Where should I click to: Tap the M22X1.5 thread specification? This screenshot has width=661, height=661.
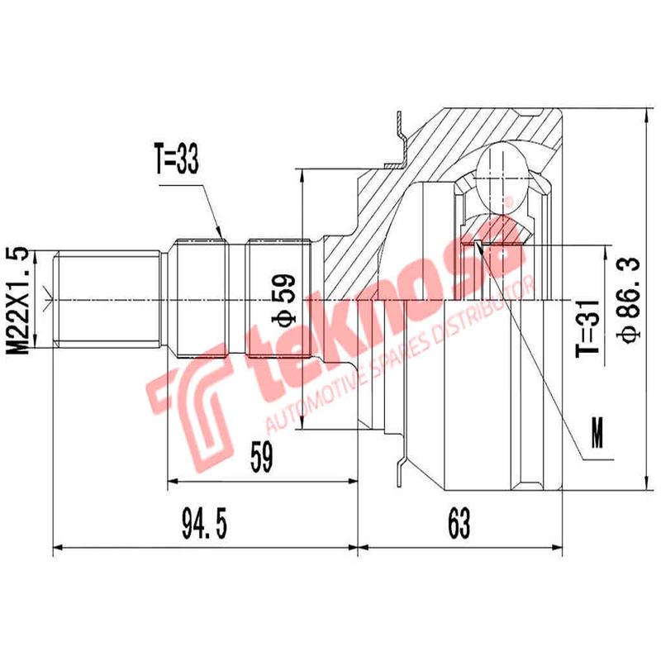(22, 300)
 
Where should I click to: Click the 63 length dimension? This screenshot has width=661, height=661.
(459, 522)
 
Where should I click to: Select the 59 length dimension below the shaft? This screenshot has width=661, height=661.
(263, 456)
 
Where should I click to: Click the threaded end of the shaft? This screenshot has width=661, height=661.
(107, 297)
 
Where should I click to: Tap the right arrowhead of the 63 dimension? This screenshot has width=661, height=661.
(559, 547)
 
